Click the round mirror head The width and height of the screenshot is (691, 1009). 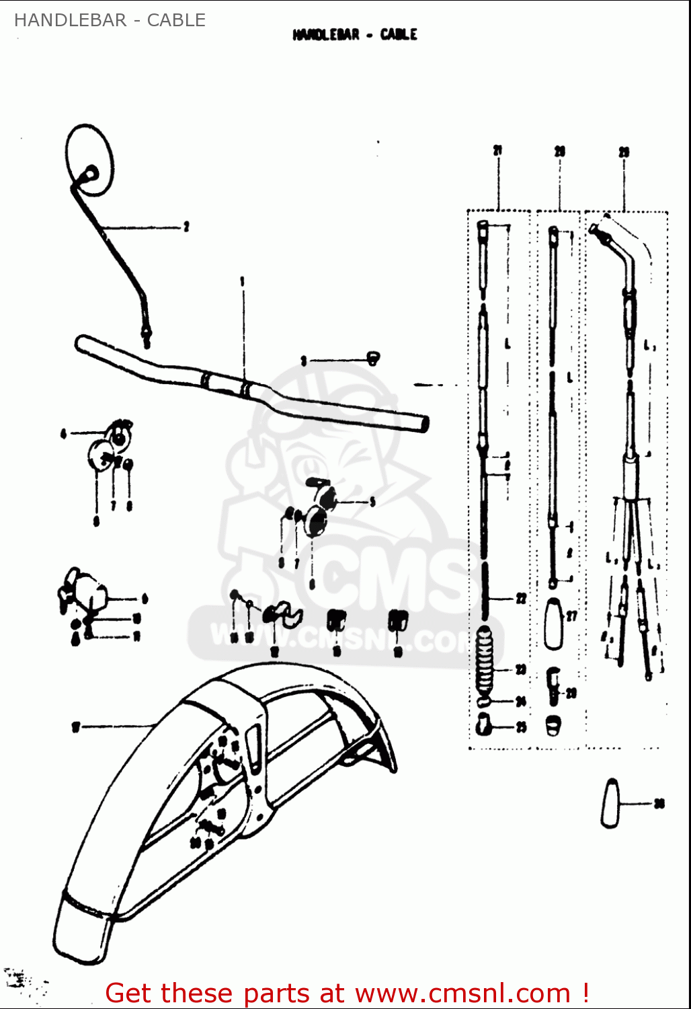[x=90, y=159]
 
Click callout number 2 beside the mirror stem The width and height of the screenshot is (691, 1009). [x=186, y=227]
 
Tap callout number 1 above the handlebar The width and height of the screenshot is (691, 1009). [x=243, y=281]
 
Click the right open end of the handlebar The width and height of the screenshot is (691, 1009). [x=423, y=423]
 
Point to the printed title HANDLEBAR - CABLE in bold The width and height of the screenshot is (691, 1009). [x=355, y=34]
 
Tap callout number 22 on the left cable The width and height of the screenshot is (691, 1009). [x=521, y=598]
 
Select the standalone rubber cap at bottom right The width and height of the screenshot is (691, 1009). [x=610, y=803]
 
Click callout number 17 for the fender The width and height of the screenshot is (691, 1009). [x=76, y=726]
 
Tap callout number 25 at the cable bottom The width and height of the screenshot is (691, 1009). [x=521, y=727]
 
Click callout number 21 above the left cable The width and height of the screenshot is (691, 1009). [x=497, y=151]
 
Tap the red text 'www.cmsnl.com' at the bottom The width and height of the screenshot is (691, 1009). [x=462, y=993]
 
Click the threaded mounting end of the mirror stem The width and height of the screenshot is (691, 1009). [x=146, y=334]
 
